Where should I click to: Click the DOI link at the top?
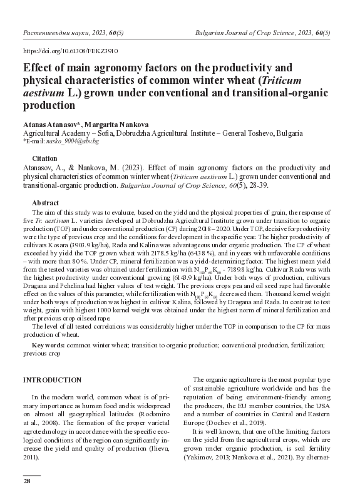pos(70,51)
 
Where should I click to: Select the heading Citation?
pos(44,159)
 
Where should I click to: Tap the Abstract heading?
pos(45,203)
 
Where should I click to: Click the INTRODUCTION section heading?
pos(52,380)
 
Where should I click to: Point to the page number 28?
pos(27,481)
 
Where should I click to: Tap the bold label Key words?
pos(49,345)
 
